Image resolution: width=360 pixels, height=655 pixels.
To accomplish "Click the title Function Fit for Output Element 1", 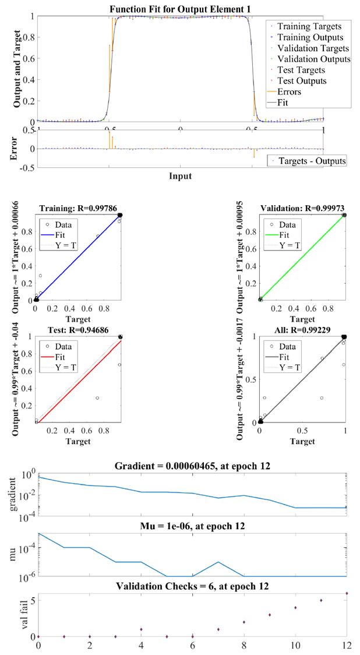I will pos(181,9).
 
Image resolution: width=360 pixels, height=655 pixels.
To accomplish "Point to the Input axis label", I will pos(180,175).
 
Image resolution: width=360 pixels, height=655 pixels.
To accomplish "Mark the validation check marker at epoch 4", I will pos(141,629).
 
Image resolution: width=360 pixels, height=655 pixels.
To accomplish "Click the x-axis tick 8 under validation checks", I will pos(244,646).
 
